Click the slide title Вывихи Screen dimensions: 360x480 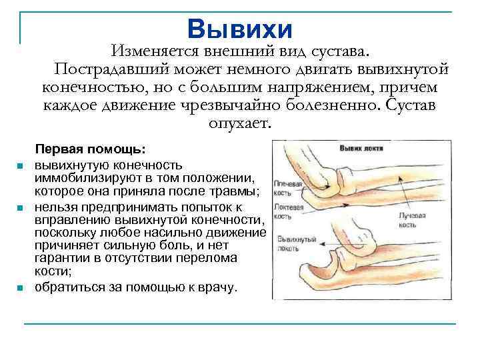coord(239,29)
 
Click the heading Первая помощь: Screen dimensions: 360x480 coord(91,149)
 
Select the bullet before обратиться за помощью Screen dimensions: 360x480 coord(21,288)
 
